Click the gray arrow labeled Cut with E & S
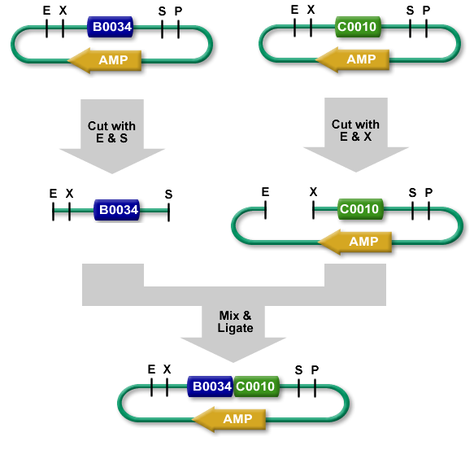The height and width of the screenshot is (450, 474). point(112,136)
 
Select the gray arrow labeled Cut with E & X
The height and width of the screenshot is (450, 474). point(356,134)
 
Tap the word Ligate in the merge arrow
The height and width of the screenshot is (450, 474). point(236,329)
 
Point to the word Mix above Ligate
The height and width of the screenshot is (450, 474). point(229,316)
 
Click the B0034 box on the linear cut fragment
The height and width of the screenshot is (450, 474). point(117,210)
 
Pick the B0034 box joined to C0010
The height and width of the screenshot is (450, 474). point(211,387)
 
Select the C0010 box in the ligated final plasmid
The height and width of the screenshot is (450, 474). point(256,387)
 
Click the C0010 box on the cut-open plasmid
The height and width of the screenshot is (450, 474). point(360,209)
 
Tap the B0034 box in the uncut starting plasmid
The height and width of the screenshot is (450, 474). point(110,27)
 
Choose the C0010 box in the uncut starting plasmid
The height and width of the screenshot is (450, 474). point(358,27)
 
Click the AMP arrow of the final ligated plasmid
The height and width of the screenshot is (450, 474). point(228,419)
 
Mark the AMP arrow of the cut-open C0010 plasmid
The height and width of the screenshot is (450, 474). point(355,242)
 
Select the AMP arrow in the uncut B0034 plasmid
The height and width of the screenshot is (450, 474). point(104,60)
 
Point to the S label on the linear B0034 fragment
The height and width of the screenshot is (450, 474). point(168,194)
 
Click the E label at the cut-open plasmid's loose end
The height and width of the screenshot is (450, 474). point(265,192)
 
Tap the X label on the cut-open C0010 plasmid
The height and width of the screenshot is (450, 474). point(313,192)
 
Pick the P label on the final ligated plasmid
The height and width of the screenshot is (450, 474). point(315,369)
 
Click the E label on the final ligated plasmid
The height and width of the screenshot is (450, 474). point(151,369)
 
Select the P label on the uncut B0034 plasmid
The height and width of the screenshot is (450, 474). point(178,11)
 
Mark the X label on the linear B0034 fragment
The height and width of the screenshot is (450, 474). point(70,194)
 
